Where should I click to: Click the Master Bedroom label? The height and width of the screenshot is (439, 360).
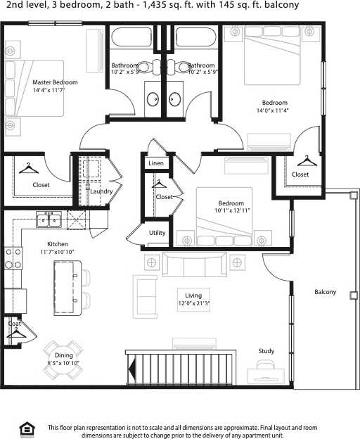pyautogui.click(x=55, y=82)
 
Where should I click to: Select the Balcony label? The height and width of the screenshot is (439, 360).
pyautogui.click(x=325, y=292)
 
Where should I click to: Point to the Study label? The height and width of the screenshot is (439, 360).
pyautogui.click(x=266, y=351)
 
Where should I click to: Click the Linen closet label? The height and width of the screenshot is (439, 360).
pyautogui.click(x=156, y=163)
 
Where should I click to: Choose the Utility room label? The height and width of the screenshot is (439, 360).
pyautogui.click(x=157, y=233)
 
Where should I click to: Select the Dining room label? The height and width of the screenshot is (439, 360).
pyautogui.click(x=64, y=355)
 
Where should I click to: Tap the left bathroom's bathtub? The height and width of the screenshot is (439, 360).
pyautogui.click(x=134, y=37)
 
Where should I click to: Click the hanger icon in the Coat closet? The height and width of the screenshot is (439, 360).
pyautogui.click(x=15, y=335)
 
